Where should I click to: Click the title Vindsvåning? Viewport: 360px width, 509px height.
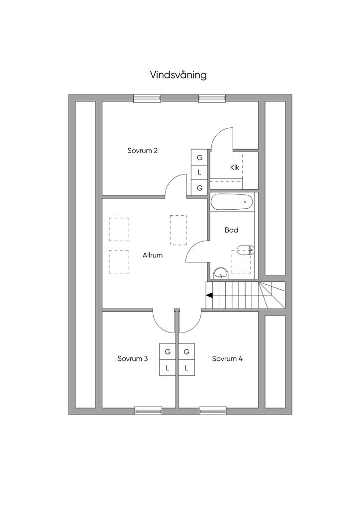[x=179, y=75]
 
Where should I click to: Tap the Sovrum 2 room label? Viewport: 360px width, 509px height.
[x=142, y=151]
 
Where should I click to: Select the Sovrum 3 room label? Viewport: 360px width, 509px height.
[x=132, y=358]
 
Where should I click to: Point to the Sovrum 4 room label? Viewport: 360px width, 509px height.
[x=227, y=358]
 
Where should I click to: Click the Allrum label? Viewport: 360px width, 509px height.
[x=152, y=255]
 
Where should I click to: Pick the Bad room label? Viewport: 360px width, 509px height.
[x=231, y=230]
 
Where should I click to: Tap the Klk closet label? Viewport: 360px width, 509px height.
[x=235, y=168]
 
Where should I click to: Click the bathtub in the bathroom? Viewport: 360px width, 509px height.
[x=232, y=202]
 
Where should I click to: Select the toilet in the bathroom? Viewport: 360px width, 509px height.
[x=245, y=250]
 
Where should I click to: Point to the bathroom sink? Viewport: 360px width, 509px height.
[x=220, y=272]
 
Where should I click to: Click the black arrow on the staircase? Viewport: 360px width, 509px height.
[x=209, y=295]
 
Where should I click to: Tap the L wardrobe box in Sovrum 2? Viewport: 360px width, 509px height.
[x=199, y=172]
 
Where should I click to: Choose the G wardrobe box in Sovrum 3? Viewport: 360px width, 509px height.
[x=168, y=351]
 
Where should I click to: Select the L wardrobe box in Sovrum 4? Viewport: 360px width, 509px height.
[x=186, y=368]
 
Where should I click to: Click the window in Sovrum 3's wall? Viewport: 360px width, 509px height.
[x=148, y=411]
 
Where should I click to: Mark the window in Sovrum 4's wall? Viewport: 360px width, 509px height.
[x=213, y=411]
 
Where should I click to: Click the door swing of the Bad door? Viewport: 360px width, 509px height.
[x=196, y=251]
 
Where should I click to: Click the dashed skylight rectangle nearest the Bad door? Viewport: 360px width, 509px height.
[x=178, y=230]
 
